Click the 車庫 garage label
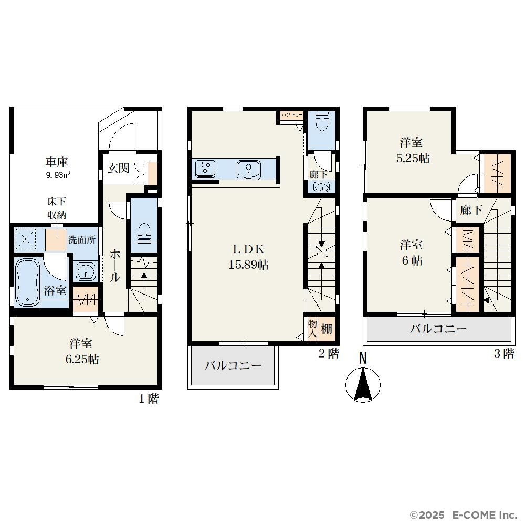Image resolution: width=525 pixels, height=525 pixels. (57, 162)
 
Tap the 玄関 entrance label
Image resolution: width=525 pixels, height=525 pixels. (118, 168)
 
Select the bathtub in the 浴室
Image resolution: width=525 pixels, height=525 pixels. (27, 282)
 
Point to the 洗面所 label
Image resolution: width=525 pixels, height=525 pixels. (82, 240)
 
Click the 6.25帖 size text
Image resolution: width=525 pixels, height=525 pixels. (82, 359)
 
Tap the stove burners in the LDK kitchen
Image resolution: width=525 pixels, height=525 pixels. (205, 167)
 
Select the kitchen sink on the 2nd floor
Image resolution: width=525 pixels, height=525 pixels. (248, 170)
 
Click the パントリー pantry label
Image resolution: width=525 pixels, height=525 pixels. (292, 115)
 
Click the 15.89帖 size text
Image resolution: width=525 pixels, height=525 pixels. (248, 265)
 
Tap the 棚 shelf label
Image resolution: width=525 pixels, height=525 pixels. (327, 329)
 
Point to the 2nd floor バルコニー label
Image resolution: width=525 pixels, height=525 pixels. (233, 365)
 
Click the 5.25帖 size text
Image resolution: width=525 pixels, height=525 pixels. (413, 158)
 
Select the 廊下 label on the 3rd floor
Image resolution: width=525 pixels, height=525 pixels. (471, 211)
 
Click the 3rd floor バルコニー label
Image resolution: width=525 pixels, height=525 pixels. (438, 329)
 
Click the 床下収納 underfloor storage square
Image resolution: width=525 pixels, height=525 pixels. (56, 240)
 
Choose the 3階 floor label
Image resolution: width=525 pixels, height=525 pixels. (504, 353)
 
